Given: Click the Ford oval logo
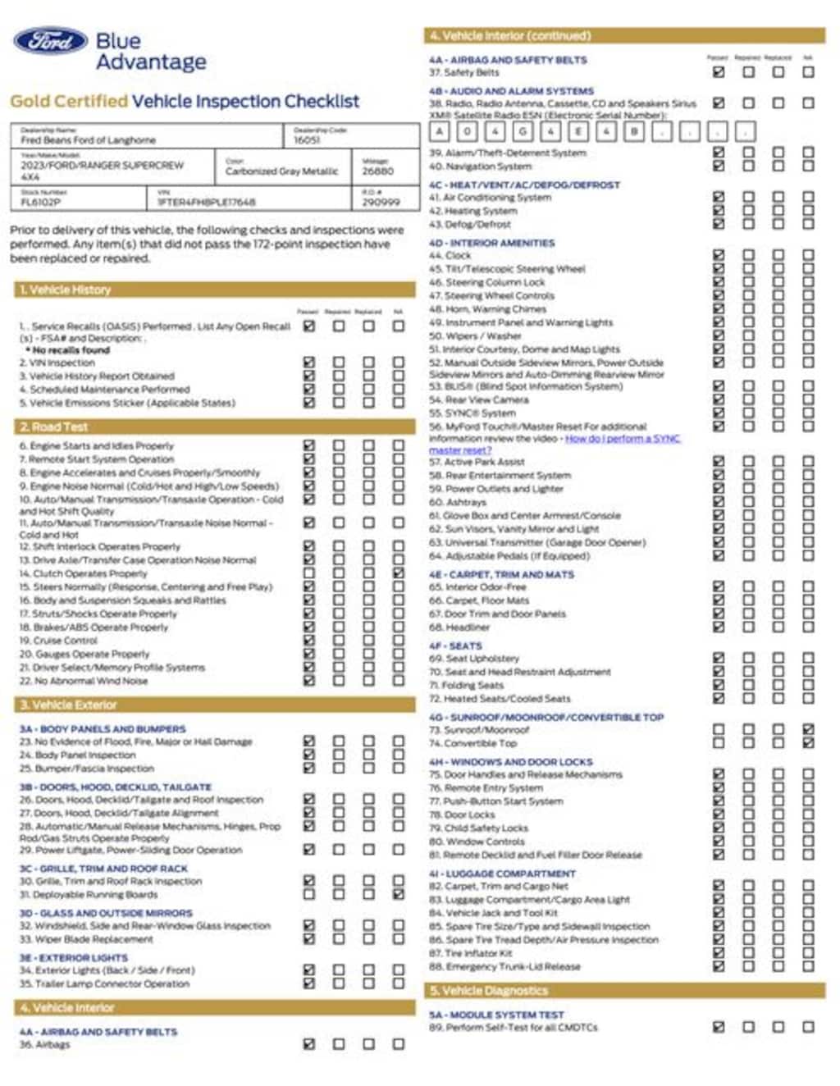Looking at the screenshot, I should pos(50,41).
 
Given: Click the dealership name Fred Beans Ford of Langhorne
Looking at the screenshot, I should pos(88,140).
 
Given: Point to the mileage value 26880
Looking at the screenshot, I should pos(378,171).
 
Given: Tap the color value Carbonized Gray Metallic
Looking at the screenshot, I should pos(281,171).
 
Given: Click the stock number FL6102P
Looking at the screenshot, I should pos(41,202).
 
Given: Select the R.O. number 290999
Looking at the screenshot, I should pos(381,202).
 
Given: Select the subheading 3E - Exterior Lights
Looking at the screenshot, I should pos(74,957).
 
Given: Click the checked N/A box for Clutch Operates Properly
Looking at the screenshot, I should pos(399,573).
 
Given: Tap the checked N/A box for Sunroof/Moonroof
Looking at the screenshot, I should pos(808,729).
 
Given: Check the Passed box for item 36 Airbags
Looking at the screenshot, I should pos(309,1044).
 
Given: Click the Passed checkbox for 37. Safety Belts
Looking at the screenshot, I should pos(719,72).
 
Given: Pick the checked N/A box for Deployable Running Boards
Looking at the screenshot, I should pos(399,894).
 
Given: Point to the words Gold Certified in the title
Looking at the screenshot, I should pos(69,102).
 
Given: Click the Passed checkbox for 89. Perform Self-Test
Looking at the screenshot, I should pos(719,1027).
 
